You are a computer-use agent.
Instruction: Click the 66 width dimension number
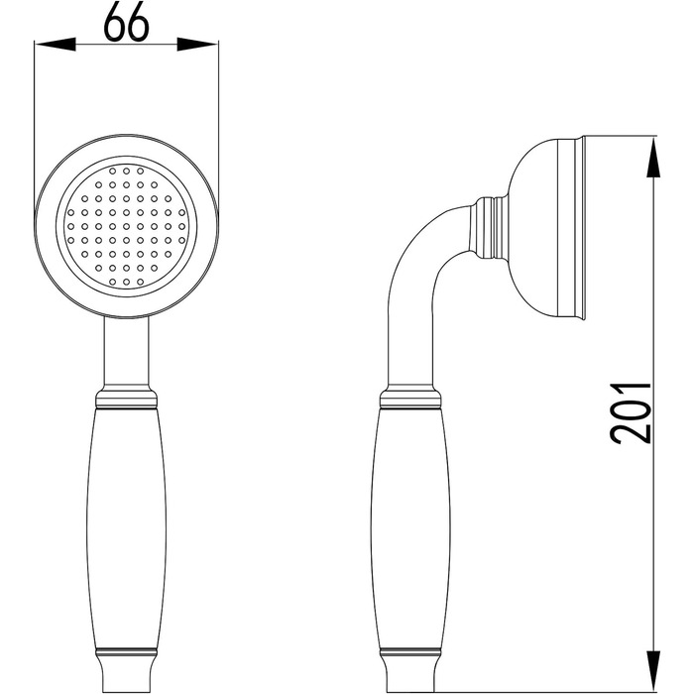(126, 22)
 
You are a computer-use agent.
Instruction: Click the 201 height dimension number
(631, 413)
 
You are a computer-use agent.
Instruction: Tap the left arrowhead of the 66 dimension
(56, 45)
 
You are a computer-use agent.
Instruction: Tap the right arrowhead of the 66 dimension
(197, 45)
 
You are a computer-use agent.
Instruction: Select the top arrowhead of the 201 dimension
(653, 158)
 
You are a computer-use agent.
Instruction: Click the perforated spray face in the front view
(126, 226)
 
